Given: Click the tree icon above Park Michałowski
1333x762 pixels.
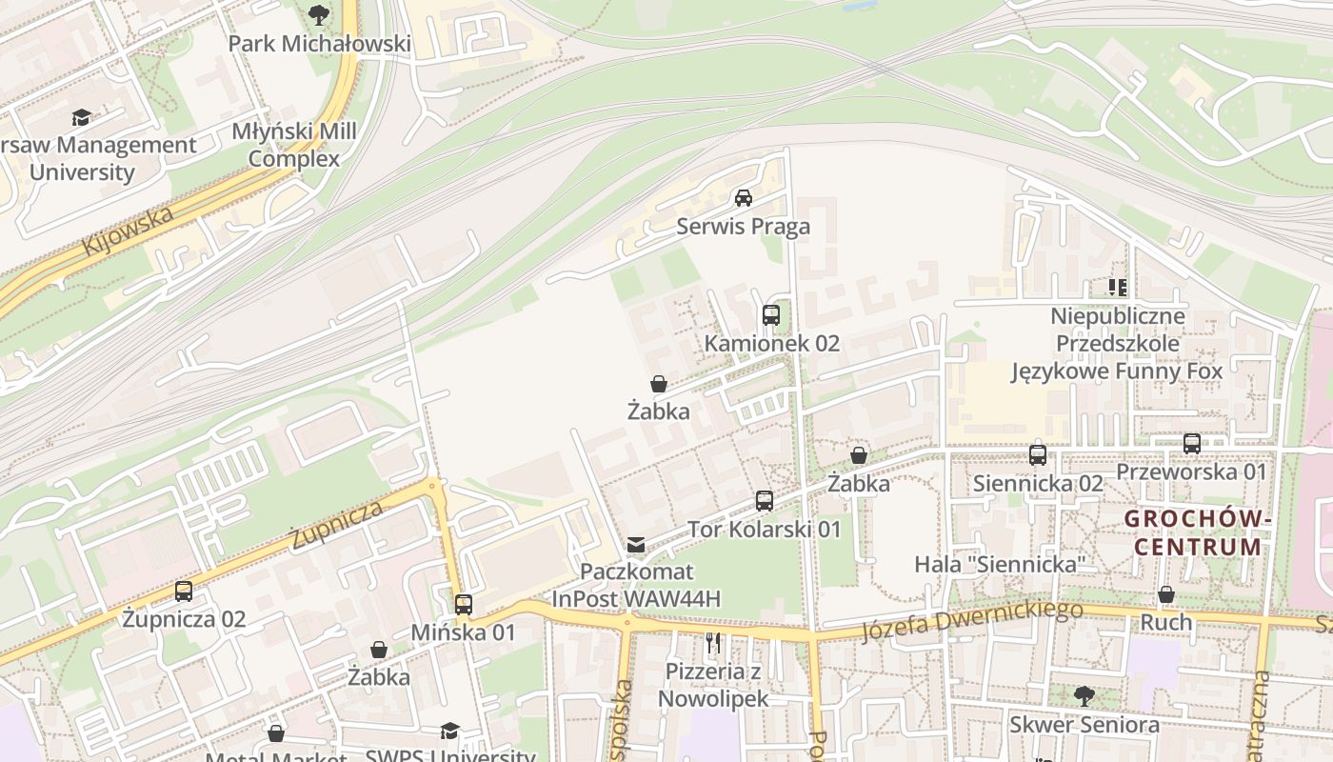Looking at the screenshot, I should point(319,14).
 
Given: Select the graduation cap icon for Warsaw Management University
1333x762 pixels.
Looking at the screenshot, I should point(82,117).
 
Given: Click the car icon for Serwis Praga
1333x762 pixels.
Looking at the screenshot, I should point(744,198).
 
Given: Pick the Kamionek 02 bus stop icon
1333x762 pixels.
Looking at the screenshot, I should point(771,314).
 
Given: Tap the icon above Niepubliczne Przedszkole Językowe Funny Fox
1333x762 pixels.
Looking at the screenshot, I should point(1117,287).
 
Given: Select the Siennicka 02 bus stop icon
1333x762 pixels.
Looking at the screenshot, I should point(1038,454).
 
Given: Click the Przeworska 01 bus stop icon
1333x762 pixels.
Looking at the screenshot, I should point(1191,443).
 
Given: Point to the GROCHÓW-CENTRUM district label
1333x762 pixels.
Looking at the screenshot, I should point(1198,532).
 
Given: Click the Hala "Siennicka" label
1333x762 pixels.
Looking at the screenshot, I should point(1000,564).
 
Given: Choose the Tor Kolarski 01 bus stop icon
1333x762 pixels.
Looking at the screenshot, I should point(764,500).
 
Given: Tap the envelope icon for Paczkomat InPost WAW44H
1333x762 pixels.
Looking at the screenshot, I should point(636,544).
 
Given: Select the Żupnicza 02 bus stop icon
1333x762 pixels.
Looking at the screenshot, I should point(184,591).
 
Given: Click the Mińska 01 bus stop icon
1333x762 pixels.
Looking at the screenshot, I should point(464,604).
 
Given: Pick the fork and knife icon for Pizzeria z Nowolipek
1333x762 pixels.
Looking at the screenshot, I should point(713,643).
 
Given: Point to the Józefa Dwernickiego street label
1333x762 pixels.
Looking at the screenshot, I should point(971,621).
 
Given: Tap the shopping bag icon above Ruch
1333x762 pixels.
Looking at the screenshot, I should point(1166,594).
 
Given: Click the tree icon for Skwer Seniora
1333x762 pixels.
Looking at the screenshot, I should point(1084,695).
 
